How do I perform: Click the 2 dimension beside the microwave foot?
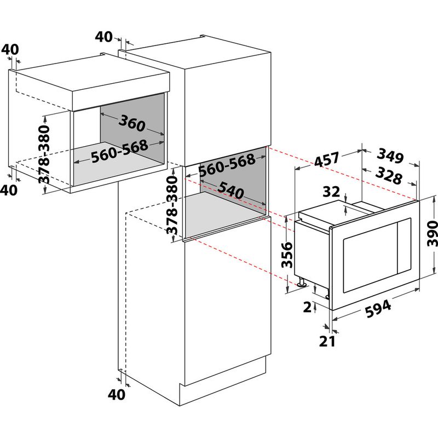(307, 307)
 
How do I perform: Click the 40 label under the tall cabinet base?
(116, 394)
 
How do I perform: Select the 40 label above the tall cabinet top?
(103, 37)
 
